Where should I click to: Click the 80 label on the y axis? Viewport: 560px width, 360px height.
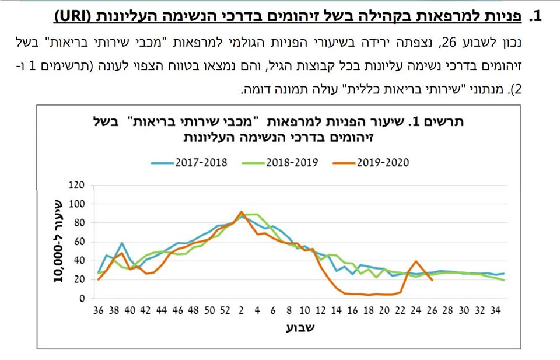click(x=80, y=223)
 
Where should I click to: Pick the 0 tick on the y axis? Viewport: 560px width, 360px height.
click(x=82, y=298)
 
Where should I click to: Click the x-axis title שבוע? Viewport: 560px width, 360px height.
click(x=300, y=327)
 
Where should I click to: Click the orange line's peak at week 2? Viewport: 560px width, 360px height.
click(x=241, y=212)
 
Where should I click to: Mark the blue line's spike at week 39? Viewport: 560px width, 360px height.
click(x=122, y=243)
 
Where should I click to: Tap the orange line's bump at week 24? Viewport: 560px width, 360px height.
click(x=416, y=261)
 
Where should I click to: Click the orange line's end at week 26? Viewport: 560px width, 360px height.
click(x=432, y=280)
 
